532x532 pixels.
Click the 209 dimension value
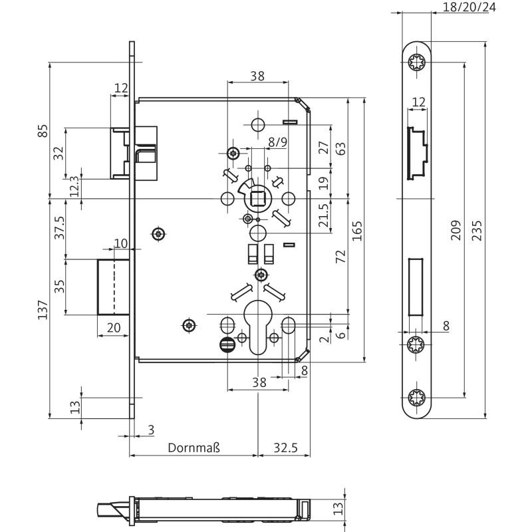point(456,230)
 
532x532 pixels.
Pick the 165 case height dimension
point(357,230)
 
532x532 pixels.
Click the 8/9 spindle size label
point(278,142)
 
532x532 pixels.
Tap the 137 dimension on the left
point(43,309)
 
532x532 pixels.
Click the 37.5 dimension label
point(60,228)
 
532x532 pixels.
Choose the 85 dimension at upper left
point(43,131)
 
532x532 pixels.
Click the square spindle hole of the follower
point(257,198)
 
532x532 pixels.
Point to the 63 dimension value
point(340,148)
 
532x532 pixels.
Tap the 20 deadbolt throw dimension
point(113,327)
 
